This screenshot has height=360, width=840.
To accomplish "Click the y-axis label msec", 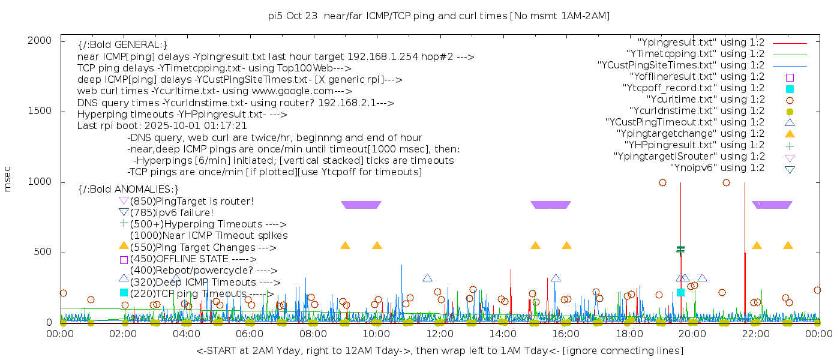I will [x=8, y=179].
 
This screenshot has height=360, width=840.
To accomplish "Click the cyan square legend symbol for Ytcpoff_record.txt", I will [x=790, y=89].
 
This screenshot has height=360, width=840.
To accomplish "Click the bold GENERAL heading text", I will [x=122, y=45].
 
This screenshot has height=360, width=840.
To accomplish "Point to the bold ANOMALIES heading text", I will [x=128, y=190].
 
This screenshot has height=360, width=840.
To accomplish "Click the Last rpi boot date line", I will [x=162, y=126].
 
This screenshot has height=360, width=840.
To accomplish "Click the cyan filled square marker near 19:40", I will [x=680, y=292].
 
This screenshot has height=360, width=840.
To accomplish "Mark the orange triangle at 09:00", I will [x=345, y=245].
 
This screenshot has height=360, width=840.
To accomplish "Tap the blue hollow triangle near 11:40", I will [x=427, y=278].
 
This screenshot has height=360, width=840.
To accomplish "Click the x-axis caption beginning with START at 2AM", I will [x=439, y=350].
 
